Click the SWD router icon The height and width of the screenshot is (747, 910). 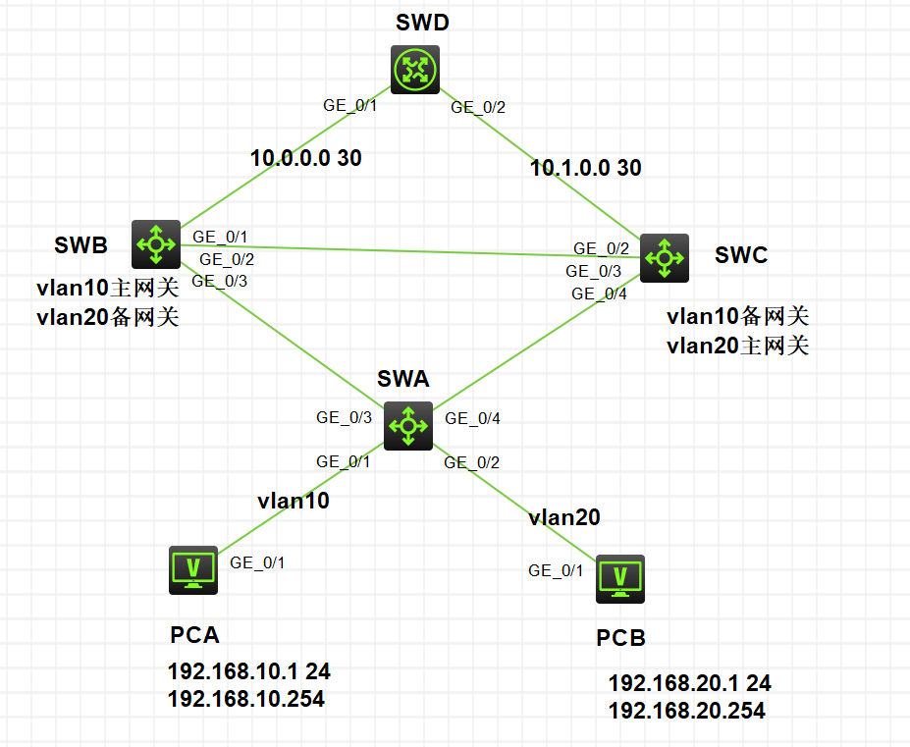414,70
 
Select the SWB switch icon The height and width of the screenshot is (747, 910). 155,243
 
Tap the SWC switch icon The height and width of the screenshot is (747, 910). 665,258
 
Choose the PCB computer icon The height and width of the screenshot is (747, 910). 620,580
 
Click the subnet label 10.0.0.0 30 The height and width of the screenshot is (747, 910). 305,158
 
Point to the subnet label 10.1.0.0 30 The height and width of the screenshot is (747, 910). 585,168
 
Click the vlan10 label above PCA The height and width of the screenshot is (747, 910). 294,500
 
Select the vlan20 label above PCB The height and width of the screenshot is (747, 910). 563,517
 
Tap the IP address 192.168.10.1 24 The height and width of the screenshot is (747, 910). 249,672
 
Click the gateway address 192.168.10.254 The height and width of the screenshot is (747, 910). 245,699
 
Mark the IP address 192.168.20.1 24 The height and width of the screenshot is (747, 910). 689,684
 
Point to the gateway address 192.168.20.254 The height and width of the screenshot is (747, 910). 686,711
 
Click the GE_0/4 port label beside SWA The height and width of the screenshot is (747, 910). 473,418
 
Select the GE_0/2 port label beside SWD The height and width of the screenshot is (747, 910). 479,108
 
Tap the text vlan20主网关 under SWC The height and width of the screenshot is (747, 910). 737,345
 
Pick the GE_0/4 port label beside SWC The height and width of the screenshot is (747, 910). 599,293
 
